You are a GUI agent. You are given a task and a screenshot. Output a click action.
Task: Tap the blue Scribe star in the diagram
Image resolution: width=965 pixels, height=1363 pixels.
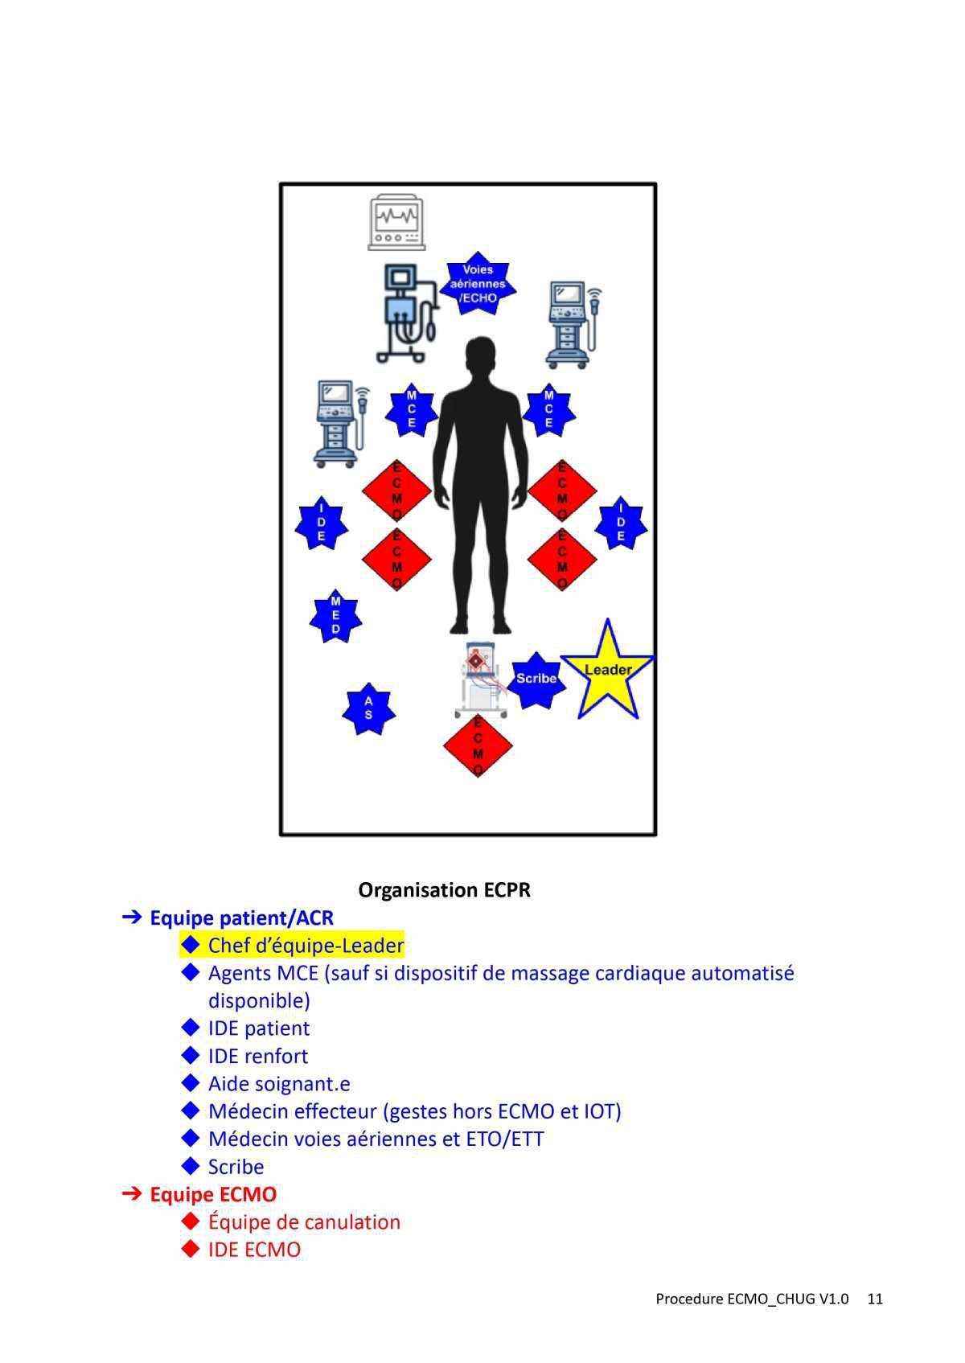pos(535,679)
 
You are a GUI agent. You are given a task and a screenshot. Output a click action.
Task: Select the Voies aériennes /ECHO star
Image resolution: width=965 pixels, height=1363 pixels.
pos(478,284)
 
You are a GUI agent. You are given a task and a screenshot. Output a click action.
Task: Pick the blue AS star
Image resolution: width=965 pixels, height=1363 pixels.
pos(368,708)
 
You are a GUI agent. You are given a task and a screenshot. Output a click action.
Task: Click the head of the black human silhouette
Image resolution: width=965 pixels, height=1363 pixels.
pos(480,356)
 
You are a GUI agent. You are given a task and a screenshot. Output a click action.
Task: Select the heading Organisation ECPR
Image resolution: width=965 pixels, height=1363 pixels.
pos(444,890)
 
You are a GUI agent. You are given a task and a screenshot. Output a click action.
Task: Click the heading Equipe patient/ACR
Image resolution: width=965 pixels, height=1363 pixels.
pos(241,918)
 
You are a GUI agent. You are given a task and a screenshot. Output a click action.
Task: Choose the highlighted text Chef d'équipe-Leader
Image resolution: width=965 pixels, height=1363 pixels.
pos(306,946)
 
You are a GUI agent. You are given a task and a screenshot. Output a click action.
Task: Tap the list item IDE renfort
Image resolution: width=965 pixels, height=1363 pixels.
pos(257,1056)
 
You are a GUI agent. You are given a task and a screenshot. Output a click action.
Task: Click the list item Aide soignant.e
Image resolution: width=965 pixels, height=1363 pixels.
pos(279,1083)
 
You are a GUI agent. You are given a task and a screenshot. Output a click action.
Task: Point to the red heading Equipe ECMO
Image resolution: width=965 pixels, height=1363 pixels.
pos(213,1194)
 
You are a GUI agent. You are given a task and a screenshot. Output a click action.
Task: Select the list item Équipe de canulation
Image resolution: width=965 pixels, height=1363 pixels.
pos(304,1221)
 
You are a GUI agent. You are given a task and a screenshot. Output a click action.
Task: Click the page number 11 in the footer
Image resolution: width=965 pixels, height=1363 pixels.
pos(875,1299)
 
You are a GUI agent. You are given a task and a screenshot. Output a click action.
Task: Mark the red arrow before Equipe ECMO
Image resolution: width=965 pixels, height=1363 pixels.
pos(132,1194)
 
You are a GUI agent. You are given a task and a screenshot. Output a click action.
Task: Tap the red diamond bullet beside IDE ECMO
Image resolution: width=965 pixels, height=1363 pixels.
pos(191,1249)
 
